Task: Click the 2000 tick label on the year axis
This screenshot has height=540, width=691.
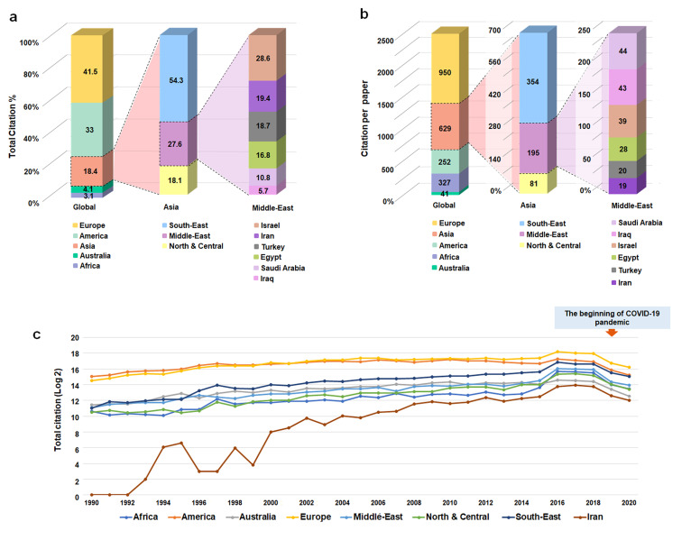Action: (x=271, y=501)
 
